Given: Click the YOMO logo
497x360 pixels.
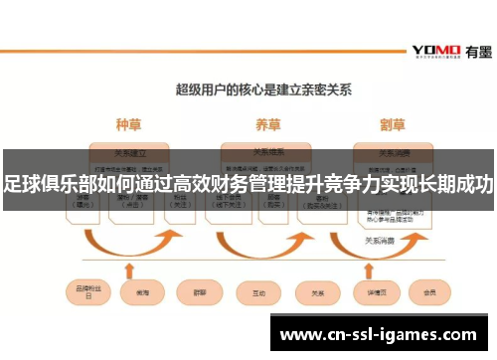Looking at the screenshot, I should coord(435,49).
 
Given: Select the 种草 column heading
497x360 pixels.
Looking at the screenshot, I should coord(128,125).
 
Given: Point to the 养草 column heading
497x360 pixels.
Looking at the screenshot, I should coord(266,125).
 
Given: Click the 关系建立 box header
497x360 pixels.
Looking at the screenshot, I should coord(129,153).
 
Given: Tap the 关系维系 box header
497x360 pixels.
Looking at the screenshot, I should coord(266,153).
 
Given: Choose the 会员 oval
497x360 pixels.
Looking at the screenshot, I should coord(430,293).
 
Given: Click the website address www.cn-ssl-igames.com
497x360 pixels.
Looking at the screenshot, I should coord(379,335).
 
